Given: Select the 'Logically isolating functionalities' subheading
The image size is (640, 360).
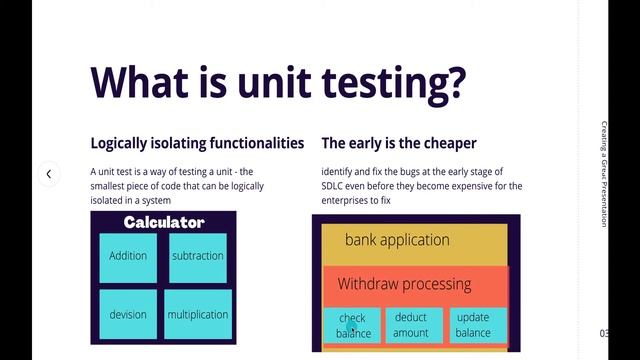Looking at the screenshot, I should pyautogui.click(x=197, y=143).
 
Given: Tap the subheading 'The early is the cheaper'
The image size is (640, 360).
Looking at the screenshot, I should pyautogui.click(x=399, y=143).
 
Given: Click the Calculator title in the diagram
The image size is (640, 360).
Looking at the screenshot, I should pyautogui.click(x=164, y=222).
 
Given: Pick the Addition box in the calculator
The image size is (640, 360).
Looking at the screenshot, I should pyautogui.click(x=128, y=256).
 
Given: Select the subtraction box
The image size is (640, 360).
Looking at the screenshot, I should pyautogui.click(x=198, y=256).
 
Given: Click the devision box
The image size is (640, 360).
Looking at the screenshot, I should pyautogui.click(x=128, y=314).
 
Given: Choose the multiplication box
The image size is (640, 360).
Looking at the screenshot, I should pyautogui.click(x=198, y=314).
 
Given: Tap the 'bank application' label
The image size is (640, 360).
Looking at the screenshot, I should pyautogui.click(x=397, y=240).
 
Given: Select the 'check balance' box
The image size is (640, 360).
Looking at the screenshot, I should pyautogui.click(x=352, y=326).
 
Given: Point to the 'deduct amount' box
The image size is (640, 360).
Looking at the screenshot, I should pyautogui.click(x=411, y=326).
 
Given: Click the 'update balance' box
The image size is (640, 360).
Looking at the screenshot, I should pyautogui.click(x=473, y=326).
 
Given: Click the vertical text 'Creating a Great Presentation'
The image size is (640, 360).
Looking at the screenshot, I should pyautogui.click(x=605, y=174).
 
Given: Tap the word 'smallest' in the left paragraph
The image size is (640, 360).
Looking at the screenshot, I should pyautogui.click(x=111, y=186).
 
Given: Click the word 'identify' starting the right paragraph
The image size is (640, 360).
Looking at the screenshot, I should pyautogui.click(x=339, y=172).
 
